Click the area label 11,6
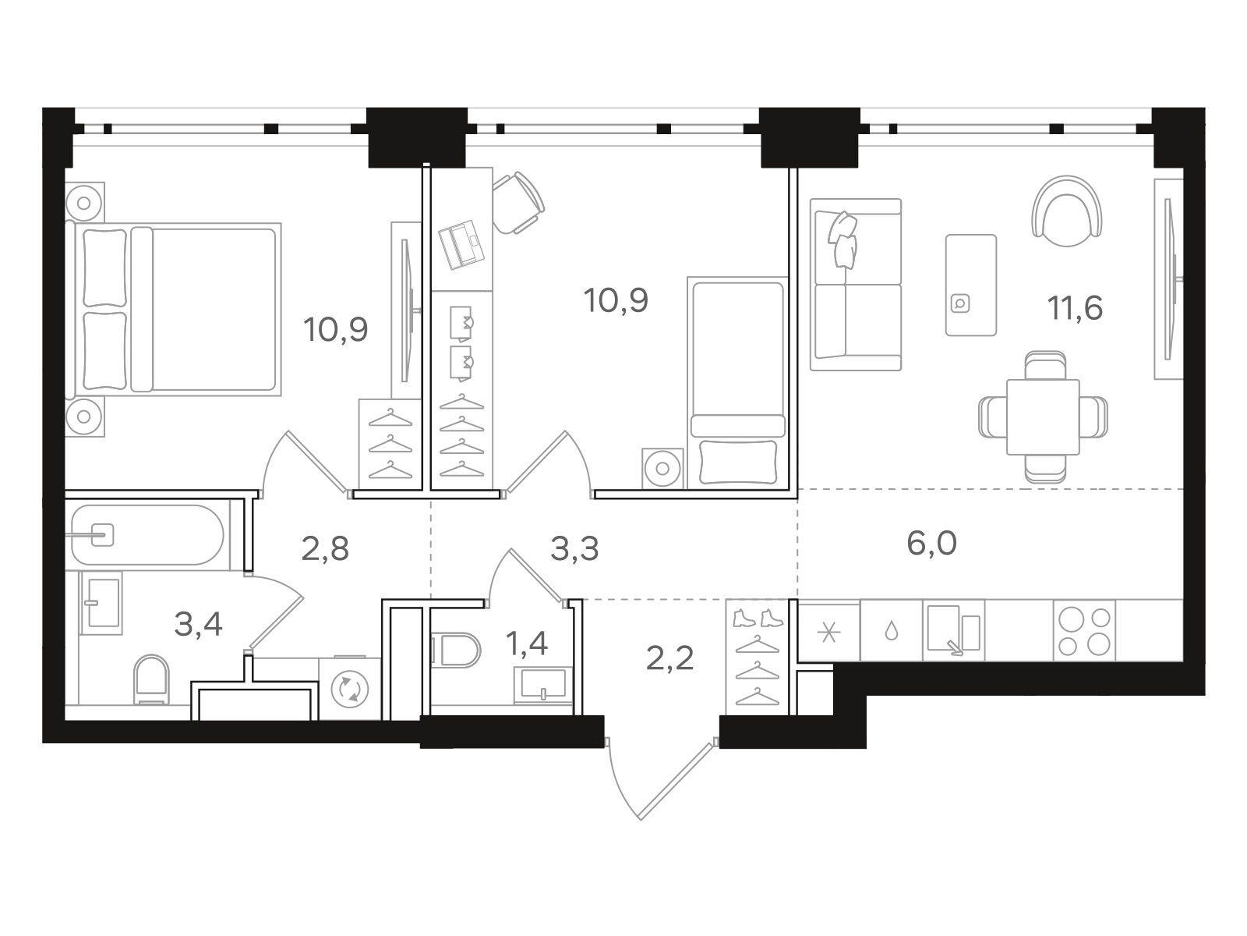click(x=1074, y=309)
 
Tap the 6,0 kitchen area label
click(x=931, y=544)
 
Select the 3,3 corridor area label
click(x=574, y=549)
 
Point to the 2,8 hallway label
click(x=325, y=549)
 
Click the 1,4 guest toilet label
click(x=527, y=644)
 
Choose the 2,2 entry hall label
click(x=669, y=658)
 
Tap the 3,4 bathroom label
click(x=198, y=625)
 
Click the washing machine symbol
click(x=349, y=689)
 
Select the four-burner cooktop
click(x=1084, y=630)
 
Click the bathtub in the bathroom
click(x=148, y=535)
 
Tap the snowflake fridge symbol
click(x=829, y=632)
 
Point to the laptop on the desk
click(x=463, y=244)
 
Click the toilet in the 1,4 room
click(x=456, y=649)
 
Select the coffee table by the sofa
click(x=971, y=285)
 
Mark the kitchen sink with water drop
click(x=892, y=631)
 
